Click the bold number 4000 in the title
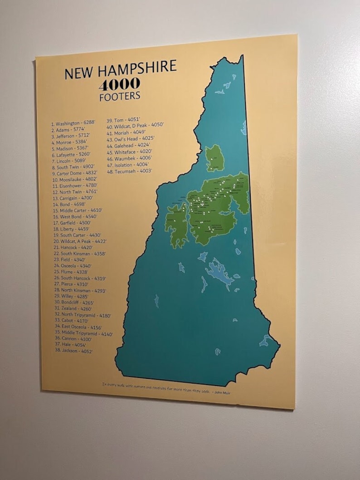tap(120, 84)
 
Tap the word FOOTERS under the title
tap(120, 96)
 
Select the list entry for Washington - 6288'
tap(73, 123)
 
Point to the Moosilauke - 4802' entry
tap(75, 179)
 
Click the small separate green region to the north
tap(214, 158)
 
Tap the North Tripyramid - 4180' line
tap(83, 314)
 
